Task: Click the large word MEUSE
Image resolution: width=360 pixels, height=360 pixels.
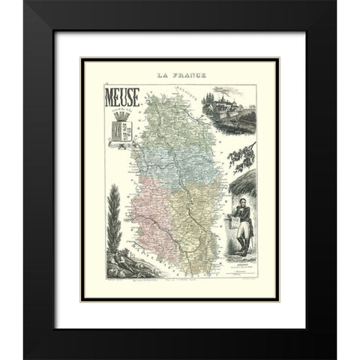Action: (x=121, y=95)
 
